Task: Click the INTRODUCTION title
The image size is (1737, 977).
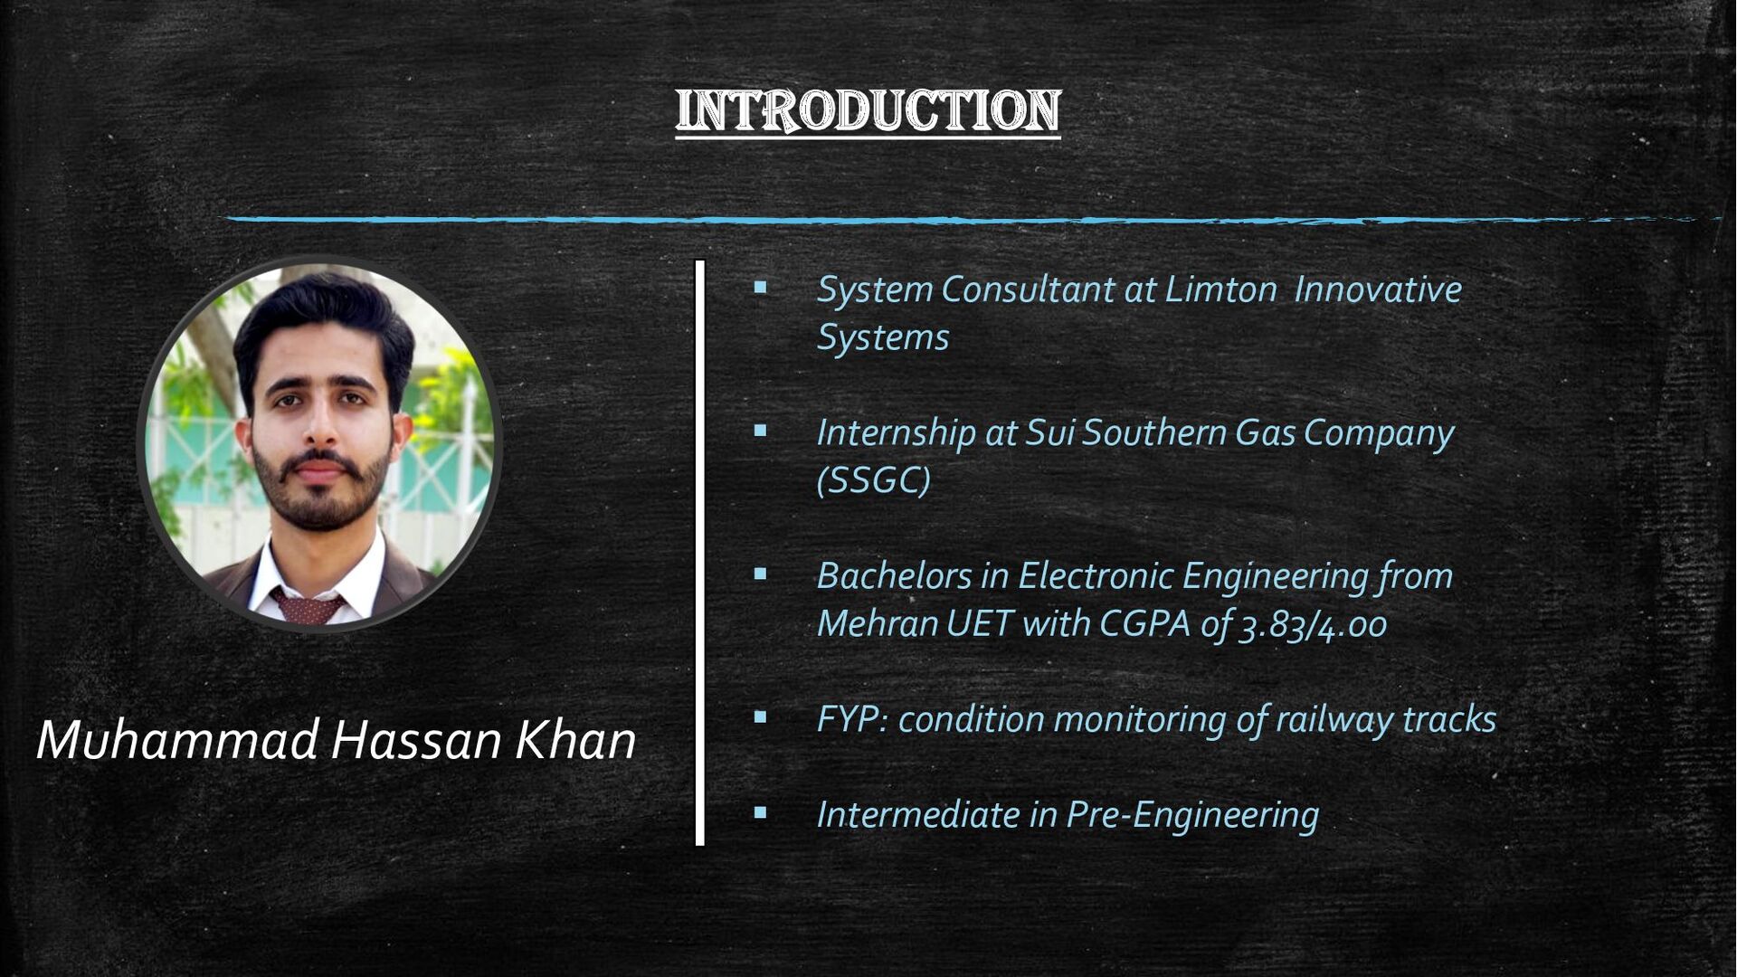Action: click(x=868, y=110)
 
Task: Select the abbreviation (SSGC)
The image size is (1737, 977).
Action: click(x=873, y=479)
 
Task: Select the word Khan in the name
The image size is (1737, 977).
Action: click(x=575, y=740)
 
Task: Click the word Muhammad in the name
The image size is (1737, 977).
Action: click(x=177, y=740)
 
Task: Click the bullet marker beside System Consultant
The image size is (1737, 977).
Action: click(x=760, y=289)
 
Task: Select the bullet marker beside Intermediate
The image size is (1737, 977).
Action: click(x=760, y=813)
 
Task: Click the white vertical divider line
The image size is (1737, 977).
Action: click(x=699, y=553)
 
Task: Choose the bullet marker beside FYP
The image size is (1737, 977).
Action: click(x=760, y=717)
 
